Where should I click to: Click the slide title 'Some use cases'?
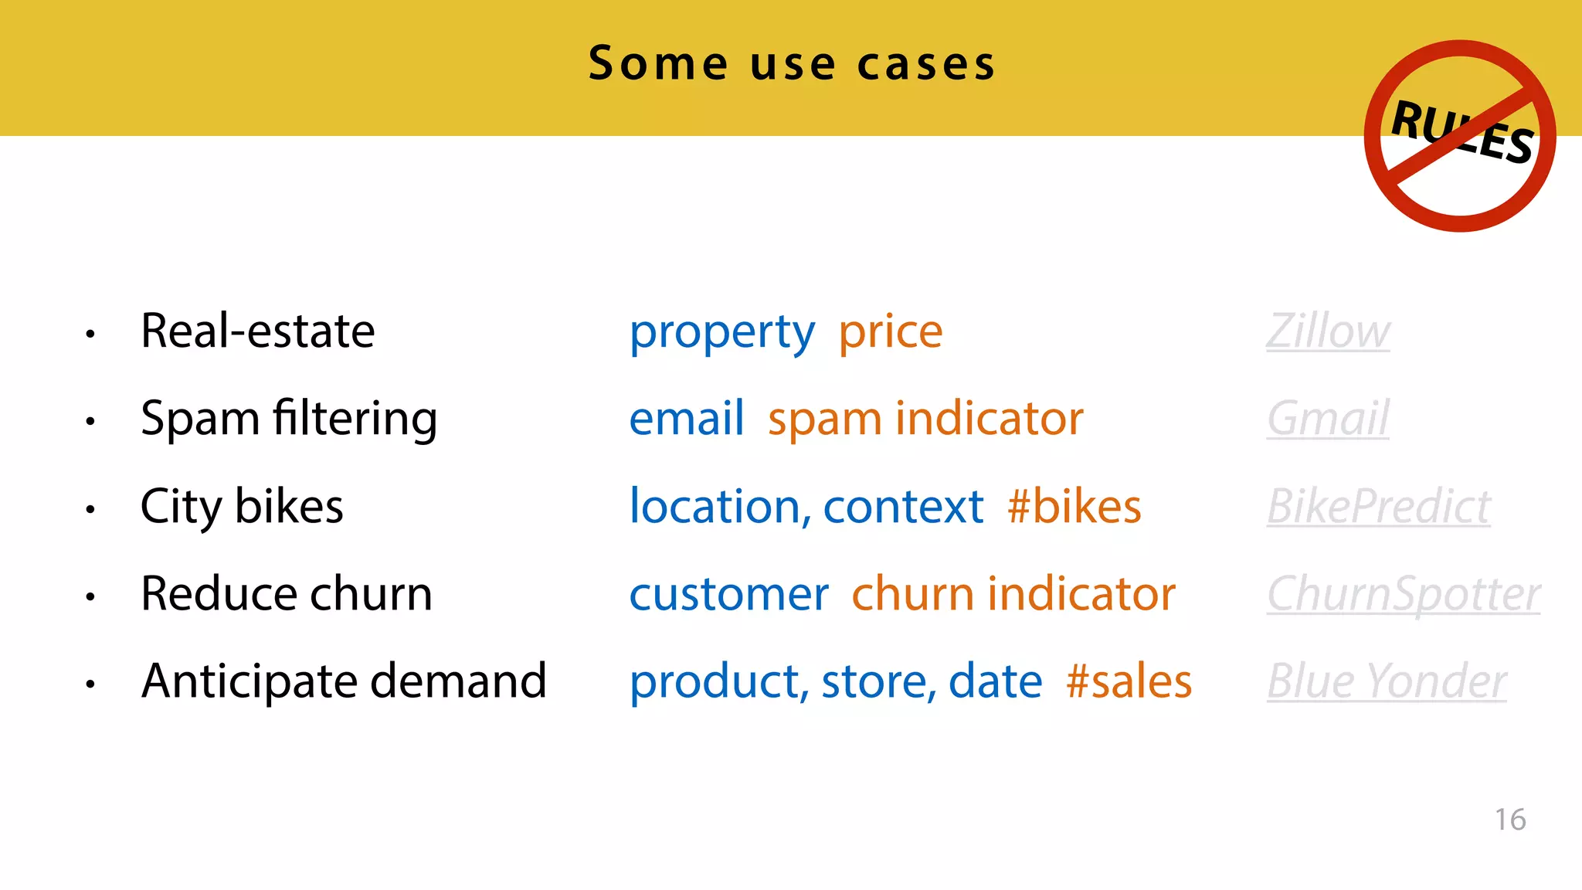coord(792,63)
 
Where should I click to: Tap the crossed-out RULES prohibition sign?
coord(1459,136)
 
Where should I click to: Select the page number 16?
coord(1509,820)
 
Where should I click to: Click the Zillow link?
coord(1328,332)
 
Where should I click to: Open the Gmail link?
coord(1328,420)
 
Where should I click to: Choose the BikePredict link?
coord(1378,508)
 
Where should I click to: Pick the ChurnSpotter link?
coord(1403,595)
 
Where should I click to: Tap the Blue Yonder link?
coord(1387,682)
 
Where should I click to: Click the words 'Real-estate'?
coord(257,331)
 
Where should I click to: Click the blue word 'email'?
coord(686,420)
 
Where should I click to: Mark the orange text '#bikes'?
coord(1074,508)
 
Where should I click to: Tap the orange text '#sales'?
coord(1129,682)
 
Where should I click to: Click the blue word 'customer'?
coord(728,595)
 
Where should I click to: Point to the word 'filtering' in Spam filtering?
coord(355,420)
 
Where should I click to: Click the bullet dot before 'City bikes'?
coord(90,509)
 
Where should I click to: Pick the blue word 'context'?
coord(903,508)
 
